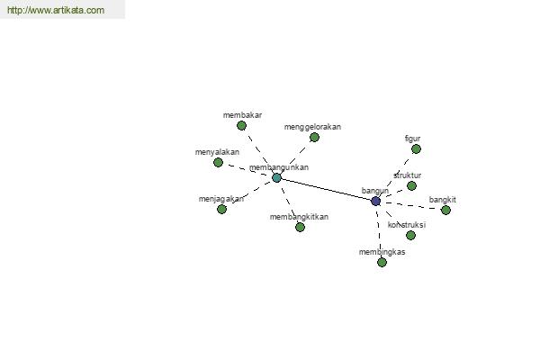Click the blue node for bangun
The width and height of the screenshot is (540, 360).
[375, 202]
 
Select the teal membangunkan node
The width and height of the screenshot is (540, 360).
[276, 178]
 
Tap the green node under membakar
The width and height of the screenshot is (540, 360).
[242, 126]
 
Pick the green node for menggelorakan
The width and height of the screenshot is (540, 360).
[314, 138]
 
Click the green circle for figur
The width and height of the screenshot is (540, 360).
[416, 149]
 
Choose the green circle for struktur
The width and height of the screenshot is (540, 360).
[411, 186]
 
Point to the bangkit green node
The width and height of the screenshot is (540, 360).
[445, 210]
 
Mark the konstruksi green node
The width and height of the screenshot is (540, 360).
[410, 235]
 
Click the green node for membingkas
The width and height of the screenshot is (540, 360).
[382, 263]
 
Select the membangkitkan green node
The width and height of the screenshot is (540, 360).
[300, 227]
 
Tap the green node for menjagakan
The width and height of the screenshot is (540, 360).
[221, 209]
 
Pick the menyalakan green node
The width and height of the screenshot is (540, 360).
[218, 162]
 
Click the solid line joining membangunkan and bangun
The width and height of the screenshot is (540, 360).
[326, 190]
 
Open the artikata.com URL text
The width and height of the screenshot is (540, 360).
[56, 10]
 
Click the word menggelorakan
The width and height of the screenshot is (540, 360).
[312, 127]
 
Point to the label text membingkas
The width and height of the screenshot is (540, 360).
[382, 252]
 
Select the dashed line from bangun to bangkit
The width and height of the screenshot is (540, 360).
[411, 206]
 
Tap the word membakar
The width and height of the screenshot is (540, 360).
[242, 115]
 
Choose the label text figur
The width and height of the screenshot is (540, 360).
[412, 139]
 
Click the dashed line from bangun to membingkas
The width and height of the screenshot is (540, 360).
[379, 232]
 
